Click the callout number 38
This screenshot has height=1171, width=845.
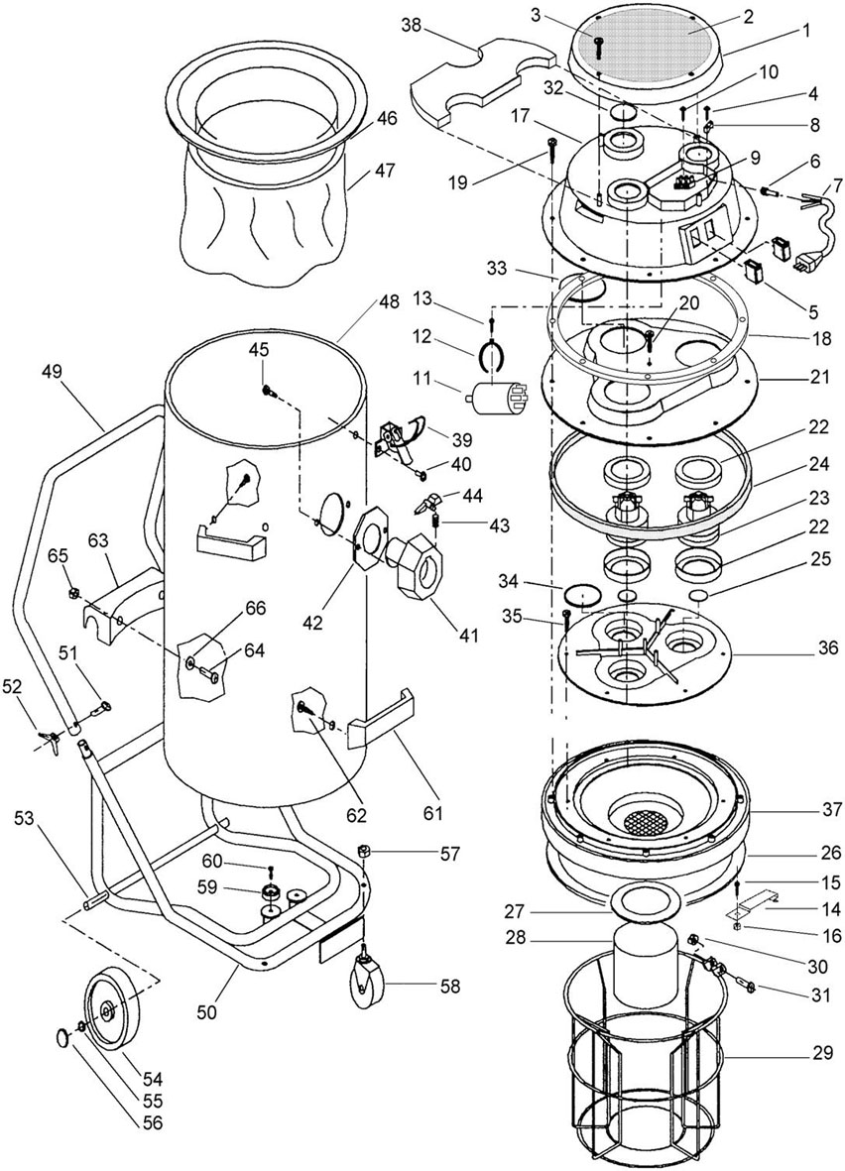[411, 26]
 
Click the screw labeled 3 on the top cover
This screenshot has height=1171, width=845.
[598, 47]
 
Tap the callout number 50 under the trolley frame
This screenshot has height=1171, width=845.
[207, 1012]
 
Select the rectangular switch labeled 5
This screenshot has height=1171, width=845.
[757, 274]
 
